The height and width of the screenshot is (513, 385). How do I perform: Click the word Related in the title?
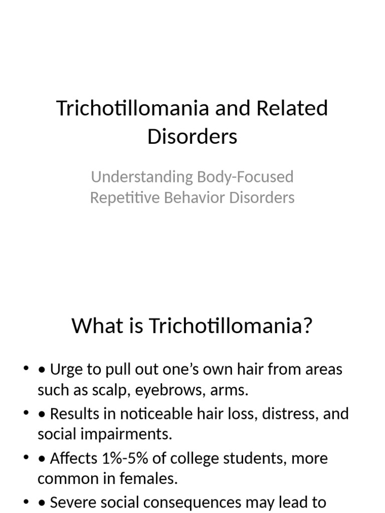[292, 108]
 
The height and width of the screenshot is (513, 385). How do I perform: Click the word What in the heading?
[95, 326]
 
